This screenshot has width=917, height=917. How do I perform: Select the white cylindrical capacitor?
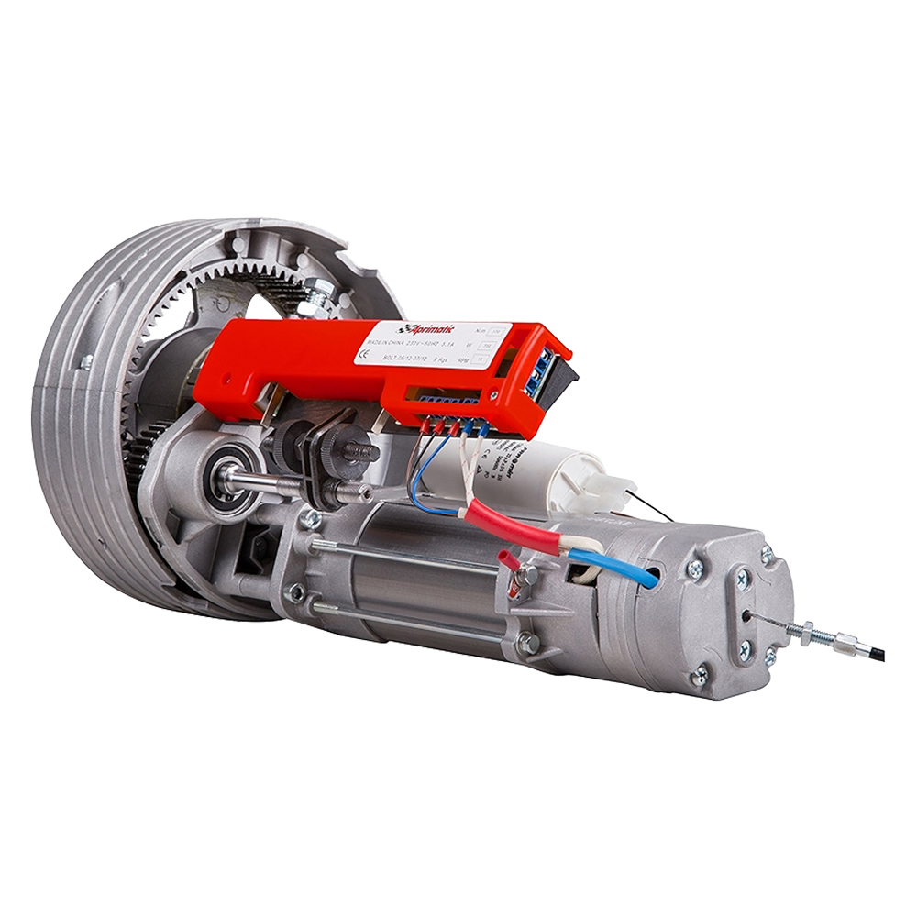[x=541, y=477]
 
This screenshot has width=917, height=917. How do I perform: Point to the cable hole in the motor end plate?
[x=749, y=615]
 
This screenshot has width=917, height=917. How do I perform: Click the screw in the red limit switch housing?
[x=494, y=395]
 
